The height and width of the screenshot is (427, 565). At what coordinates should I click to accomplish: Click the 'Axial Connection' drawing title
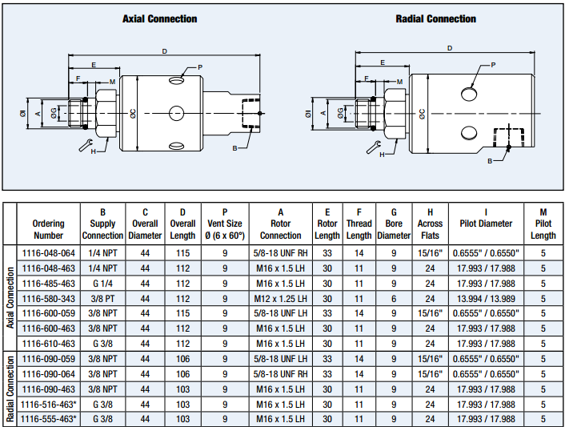tap(159, 18)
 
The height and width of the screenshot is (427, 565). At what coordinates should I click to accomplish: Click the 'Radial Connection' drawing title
tap(435, 18)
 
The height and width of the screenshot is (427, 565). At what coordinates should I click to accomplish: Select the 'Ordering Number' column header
tap(48, 229)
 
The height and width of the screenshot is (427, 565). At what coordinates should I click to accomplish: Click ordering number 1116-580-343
tap(48, 298)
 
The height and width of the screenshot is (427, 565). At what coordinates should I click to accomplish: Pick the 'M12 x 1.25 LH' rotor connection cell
tap(281, 298)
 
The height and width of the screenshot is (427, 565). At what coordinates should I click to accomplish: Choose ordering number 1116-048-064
tap(48, 253)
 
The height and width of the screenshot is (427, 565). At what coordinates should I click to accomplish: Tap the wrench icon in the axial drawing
tap(86, 144)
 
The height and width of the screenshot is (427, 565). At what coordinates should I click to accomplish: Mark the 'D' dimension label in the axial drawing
tap(164, 51)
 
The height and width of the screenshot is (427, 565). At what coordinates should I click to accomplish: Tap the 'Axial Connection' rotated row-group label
tap(10, 298)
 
